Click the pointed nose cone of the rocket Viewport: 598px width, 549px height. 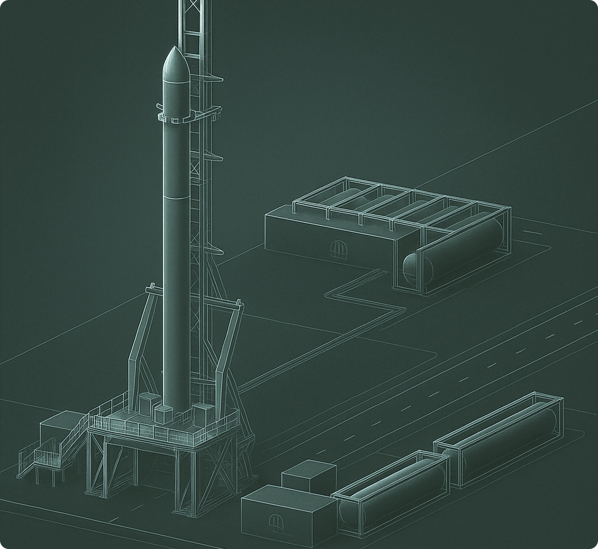tap(176, 60)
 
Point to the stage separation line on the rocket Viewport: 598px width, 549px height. tap(176, 196)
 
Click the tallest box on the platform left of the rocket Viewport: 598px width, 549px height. tap(149, 405)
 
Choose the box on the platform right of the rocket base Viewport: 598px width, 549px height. tap(202, 413)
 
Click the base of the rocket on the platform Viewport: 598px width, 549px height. tap(176, 404)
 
